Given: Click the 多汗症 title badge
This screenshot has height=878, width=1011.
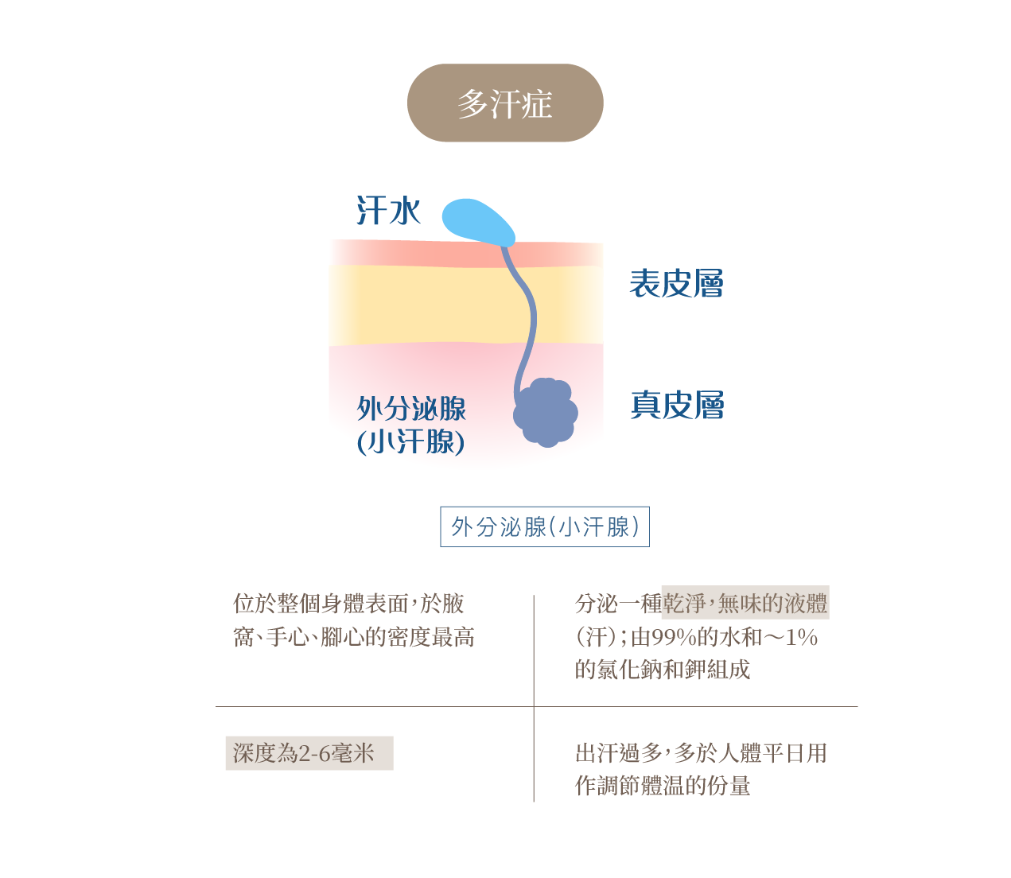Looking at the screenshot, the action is (x=505, y=103).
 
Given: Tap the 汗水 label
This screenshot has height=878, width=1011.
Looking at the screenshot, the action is (x=388, y=212).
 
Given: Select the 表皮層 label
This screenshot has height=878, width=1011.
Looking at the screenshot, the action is (x=676, y=284).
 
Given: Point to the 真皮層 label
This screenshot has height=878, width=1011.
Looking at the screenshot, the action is (x=677, y=405).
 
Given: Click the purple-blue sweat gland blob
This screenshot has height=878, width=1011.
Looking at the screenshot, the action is (x=546, y=412).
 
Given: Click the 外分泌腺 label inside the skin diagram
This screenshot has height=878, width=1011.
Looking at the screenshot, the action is (x=411, y=409).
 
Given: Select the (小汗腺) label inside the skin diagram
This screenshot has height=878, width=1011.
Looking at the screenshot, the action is (x=410, y=441).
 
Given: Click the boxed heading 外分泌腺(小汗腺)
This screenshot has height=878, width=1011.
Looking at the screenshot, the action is (x=545, y=526).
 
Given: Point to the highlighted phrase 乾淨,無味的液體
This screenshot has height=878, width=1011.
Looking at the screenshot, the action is (x=745, y=604).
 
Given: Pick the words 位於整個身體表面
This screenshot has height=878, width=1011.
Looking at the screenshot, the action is (x=321, y=604).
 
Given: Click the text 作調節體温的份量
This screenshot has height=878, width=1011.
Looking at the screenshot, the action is (x=663, y=787).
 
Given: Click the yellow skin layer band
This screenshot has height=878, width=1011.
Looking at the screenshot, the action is (x=422, y=306).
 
